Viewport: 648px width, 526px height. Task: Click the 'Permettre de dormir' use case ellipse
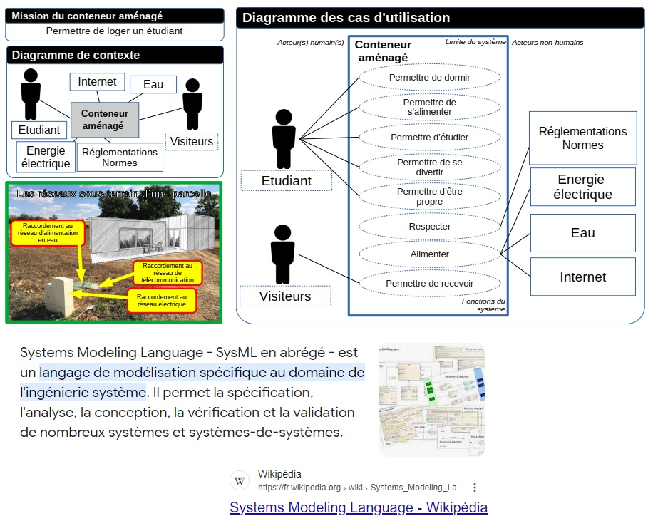[429, 77]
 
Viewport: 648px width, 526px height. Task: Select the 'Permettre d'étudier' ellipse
[429, 137]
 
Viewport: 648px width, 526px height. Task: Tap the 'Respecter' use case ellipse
[429, 227]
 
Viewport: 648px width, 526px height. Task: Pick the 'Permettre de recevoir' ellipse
[429, 283]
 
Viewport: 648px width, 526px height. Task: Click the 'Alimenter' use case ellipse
[429, 254]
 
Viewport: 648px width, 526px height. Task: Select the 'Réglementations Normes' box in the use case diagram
[582, 138]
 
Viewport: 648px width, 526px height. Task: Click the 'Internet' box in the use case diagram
[582, 277]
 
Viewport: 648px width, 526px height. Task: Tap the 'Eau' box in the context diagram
[153, 84]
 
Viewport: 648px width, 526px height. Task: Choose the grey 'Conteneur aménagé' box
[105, 119]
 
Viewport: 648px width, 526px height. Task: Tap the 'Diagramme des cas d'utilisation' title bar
[440, 18]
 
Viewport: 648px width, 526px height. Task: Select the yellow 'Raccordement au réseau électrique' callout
[162, 301]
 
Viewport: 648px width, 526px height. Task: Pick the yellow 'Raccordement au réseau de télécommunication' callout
[168, 273]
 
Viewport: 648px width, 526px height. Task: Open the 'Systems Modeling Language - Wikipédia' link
[359, 507]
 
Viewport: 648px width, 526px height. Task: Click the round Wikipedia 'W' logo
[240, 481]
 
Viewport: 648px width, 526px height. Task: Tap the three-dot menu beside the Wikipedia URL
[475, 488]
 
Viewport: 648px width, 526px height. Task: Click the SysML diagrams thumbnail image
[432, 399]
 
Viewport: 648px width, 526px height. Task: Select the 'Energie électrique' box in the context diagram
[46, 157]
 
